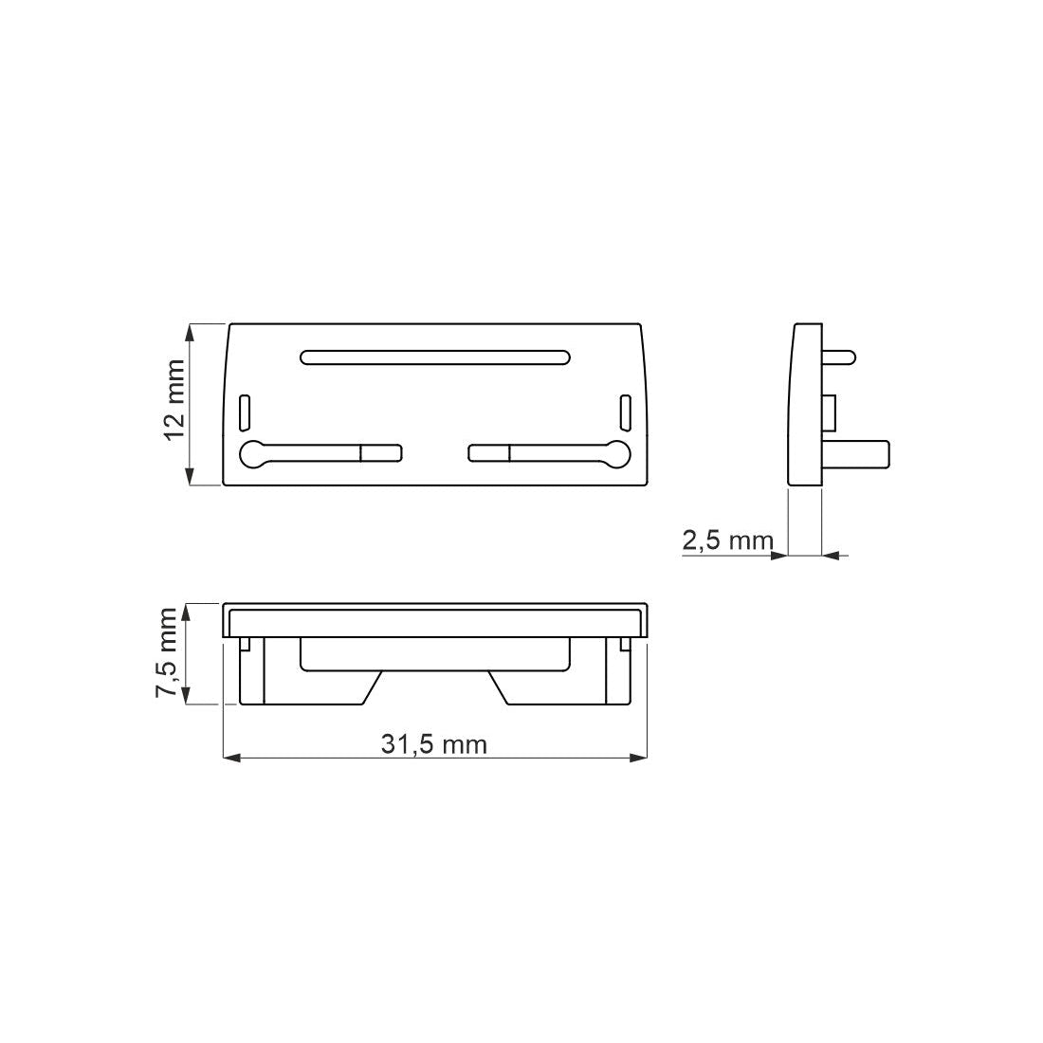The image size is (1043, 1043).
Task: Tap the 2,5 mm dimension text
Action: [727, 540]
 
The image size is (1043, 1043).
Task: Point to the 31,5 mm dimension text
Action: [434, 744]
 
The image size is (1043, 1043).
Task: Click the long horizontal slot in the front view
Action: [435, 357]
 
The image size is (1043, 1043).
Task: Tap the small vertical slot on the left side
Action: [245, 412]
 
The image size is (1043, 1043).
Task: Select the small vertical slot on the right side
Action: [625, 412]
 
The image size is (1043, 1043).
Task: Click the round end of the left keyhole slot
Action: [254, 454]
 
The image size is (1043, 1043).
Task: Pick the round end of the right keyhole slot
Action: [617, 454]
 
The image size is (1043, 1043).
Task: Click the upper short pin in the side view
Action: [840, 357]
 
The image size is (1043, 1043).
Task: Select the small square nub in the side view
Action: [829, 412]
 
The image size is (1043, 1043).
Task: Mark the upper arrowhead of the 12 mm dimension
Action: [192, 331]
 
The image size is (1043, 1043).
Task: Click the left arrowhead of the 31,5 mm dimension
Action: [229, 758]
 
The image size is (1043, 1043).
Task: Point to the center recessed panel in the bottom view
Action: [435, 653]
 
